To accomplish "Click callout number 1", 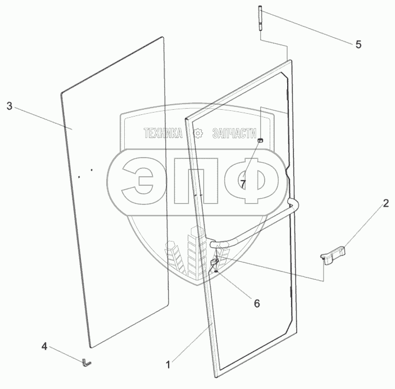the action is click(168, 365).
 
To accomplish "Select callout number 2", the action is click(386, 203).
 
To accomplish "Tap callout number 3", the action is click(10, 106).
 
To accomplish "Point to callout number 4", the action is click(44, 346).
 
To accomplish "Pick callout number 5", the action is click(358, 44).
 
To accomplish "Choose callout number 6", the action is click(257, 303).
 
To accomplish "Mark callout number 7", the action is click(243, 184).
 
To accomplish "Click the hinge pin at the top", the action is click(260, 18).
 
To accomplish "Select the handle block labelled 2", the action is click(333, 254).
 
